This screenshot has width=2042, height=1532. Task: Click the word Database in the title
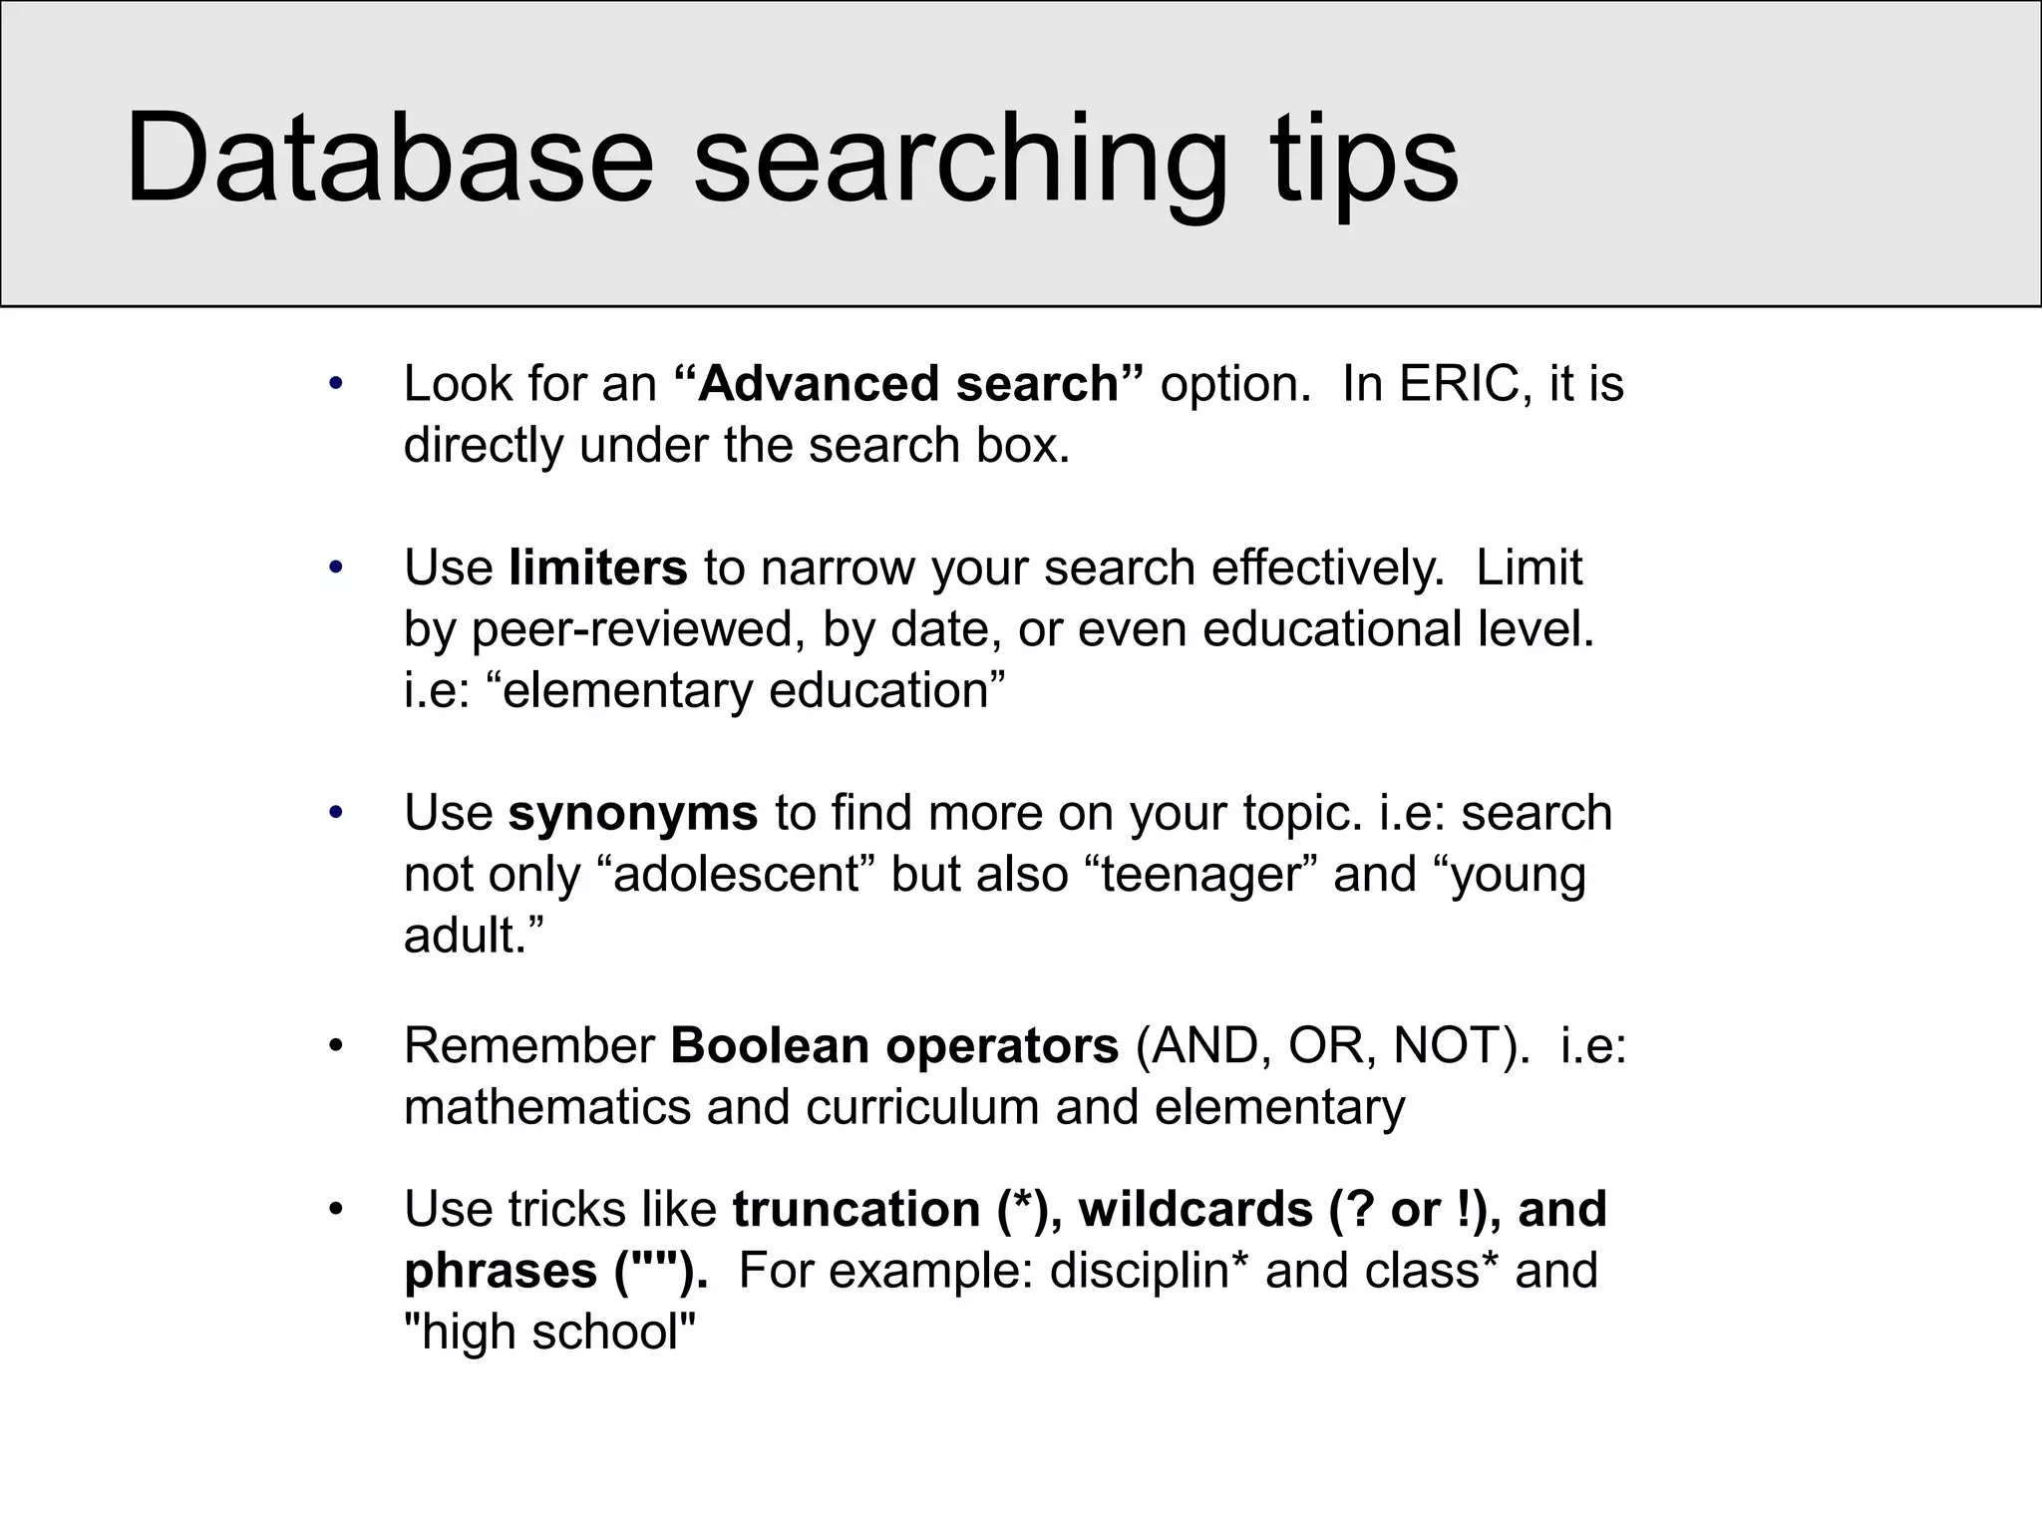[x=389, y=160]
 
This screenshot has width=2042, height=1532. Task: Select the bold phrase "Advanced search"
[x=908, y=384]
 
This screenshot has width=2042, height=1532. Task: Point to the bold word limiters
[x=597, y=568]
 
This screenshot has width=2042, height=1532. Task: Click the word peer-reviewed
[x=638, y=629]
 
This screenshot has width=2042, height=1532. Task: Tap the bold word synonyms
[x=633, y=813]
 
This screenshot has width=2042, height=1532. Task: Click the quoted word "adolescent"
[x=736, y=875]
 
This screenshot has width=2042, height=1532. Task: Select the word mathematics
[x=547, y=1107]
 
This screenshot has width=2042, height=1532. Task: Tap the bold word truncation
[x=856, y=1210]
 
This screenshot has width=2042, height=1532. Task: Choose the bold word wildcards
[x=1195, y=1210]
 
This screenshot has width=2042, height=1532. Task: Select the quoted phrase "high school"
[x=549, y=1333]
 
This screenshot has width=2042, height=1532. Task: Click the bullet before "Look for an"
[x=336, y=384]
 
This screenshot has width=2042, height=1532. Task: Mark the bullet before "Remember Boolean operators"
[x=336, y=1046]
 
